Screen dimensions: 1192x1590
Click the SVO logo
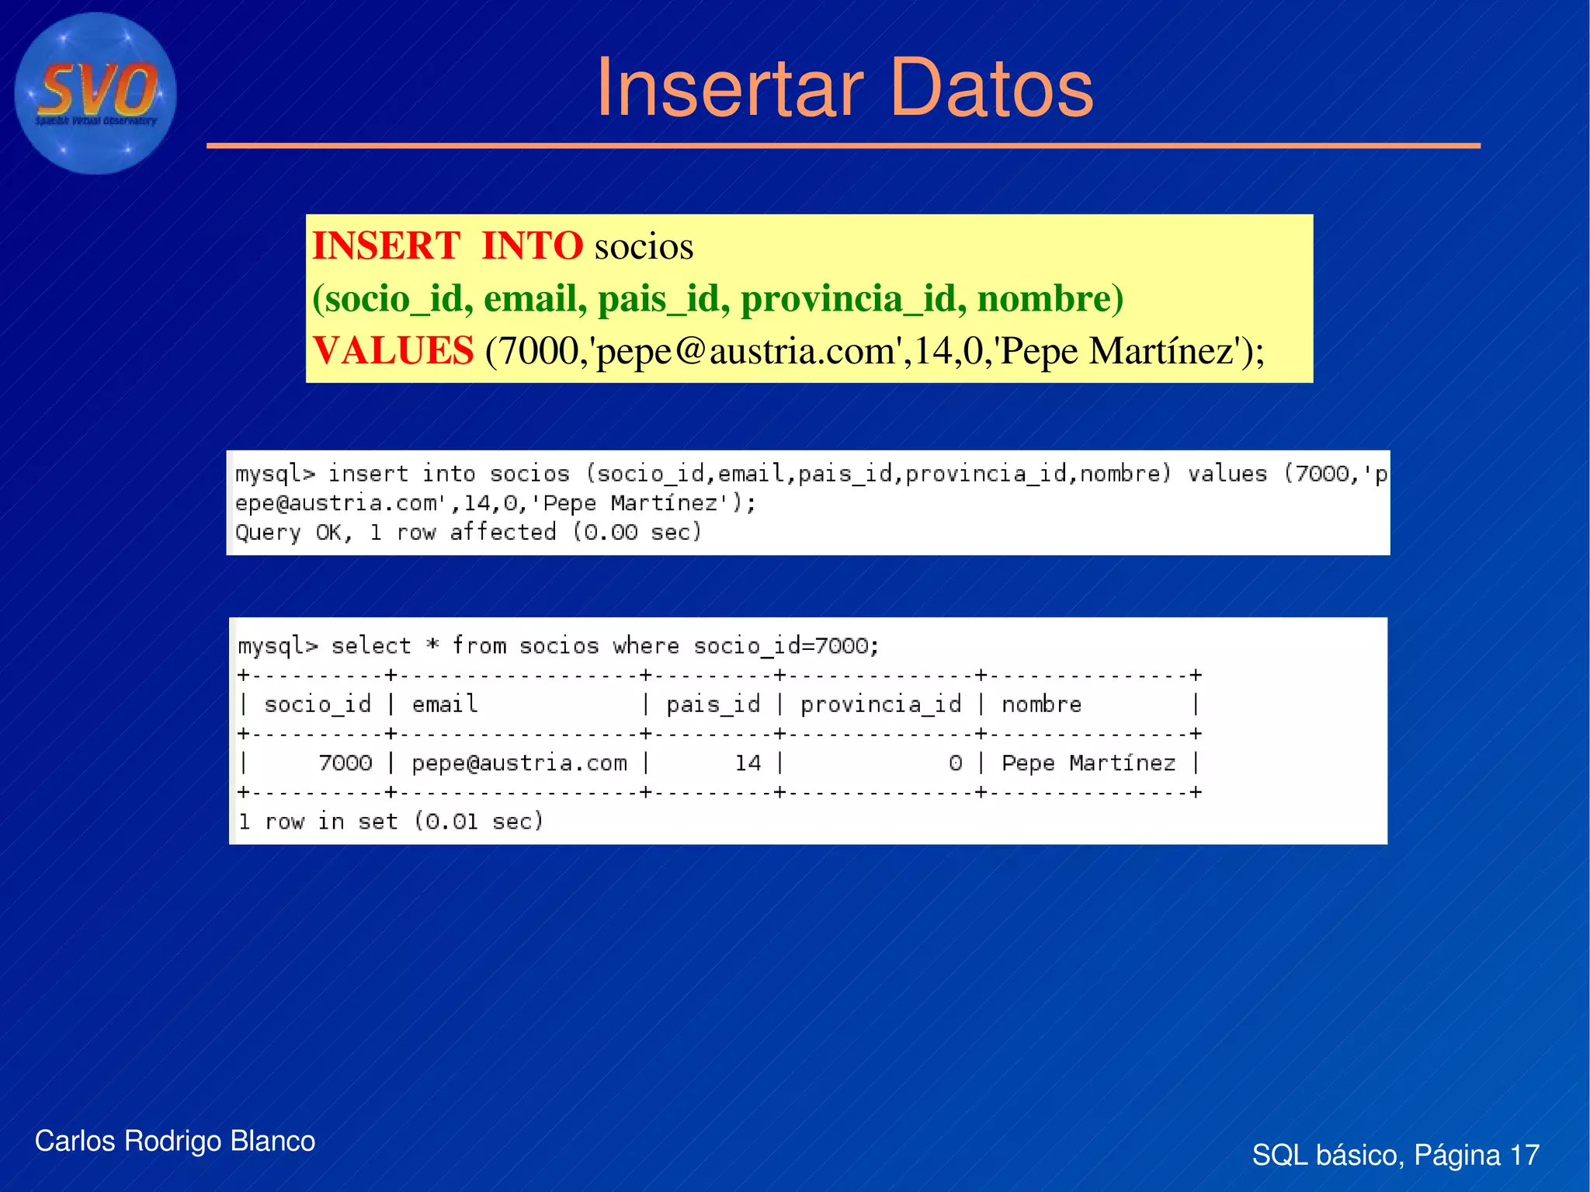(95, 93)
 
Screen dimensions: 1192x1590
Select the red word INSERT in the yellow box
(386, 246)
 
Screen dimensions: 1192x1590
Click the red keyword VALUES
(393, 351)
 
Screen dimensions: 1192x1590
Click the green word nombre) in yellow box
(1050, 299)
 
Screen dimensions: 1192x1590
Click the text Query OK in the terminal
(293, 533)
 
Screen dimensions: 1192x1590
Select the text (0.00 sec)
(637, 533)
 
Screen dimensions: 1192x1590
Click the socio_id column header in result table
(318, 704)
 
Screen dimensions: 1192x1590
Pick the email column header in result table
(444, 704)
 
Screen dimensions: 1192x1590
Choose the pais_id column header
(713, 704)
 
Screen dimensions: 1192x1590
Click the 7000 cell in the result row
(345, 763)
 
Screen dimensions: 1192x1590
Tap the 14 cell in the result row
(748, 763)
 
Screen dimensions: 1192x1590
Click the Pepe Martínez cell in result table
(1088, 763)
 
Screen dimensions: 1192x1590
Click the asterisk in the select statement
(432, 646)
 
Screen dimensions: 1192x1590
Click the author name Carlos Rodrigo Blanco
(175, 1141)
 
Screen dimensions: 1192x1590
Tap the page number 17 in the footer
(1524, 1155)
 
